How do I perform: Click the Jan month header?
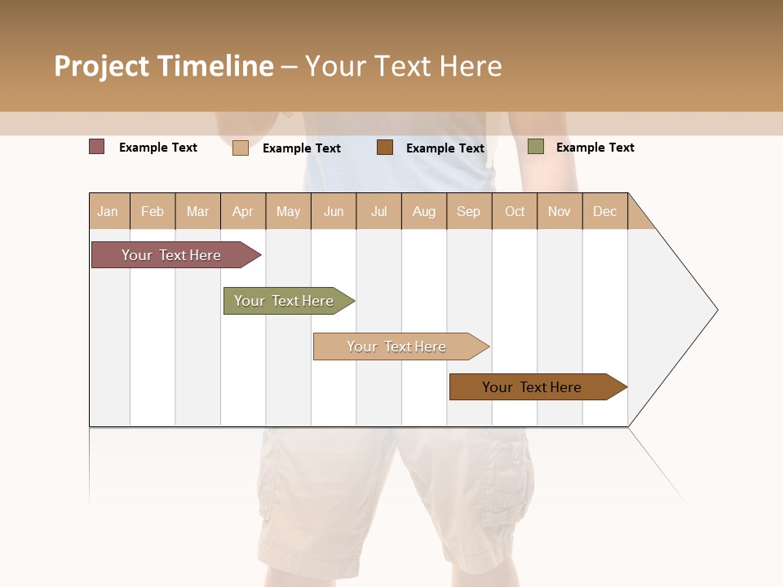coord(108,211)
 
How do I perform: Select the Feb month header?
coord(153,211)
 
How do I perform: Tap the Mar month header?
coord(197,211)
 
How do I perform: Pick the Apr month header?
coord(243,211)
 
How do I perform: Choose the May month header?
coord(288,211)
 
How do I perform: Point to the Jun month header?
coord(334,211)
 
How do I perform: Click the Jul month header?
coord(378,211)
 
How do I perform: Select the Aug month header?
coord(424,211)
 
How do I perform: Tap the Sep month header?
coord(469,211)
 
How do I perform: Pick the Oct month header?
coord(515,211)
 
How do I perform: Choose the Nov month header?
coord(560,211)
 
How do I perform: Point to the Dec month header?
coord(605,211)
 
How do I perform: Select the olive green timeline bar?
coord(285,301)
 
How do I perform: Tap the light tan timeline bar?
coord(397,346)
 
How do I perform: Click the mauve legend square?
coord(97,147)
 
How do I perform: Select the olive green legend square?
coord(535,147)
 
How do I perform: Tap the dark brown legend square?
coord(385,148)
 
